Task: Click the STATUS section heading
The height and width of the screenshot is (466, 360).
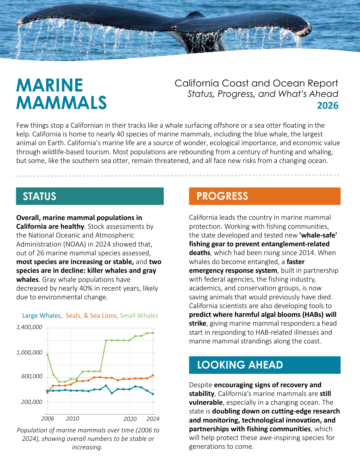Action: pos(40,196)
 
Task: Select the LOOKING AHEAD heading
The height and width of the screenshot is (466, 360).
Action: pos(240,365)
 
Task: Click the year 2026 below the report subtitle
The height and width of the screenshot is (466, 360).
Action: pos(328,105)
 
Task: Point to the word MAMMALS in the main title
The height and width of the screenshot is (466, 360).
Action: pos(62,103)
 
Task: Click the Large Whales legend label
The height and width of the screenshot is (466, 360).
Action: pos(42,315)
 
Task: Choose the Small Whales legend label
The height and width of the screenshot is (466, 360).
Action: pos(139,315)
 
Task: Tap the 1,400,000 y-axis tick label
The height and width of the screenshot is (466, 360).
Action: pos(29,327)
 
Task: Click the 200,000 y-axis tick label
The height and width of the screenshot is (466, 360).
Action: pos(32,402)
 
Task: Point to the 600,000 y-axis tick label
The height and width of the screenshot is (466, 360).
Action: pos(32,376)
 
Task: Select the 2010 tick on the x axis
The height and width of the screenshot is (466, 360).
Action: pos(73,419)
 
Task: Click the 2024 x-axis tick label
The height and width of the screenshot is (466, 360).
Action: pos(153,419)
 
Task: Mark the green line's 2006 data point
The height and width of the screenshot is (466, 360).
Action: pos(47,355)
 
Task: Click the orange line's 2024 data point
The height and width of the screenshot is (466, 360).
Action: pos(153,375)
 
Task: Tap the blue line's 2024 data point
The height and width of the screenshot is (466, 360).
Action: pos(153,394)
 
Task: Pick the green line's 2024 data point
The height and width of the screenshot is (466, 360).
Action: pos(153,333)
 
